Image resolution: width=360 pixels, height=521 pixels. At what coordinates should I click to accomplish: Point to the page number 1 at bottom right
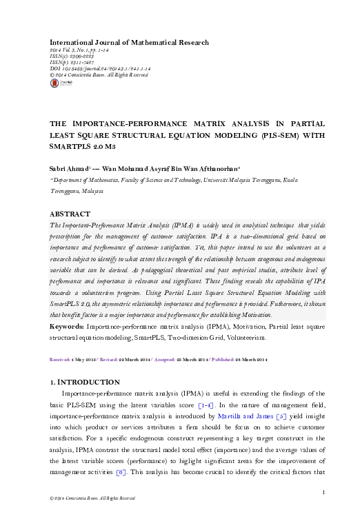pyautogui.click(x=323, y=491)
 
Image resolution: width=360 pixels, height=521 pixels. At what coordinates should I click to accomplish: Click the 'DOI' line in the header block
pyautogui.click(x=98, y=69)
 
